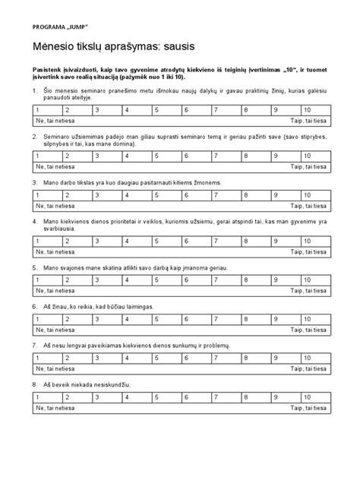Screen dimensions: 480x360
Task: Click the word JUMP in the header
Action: (x=77, y=27)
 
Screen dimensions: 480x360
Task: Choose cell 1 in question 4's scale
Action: (x=47, y=241)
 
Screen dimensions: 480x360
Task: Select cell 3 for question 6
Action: (x=108, y=319)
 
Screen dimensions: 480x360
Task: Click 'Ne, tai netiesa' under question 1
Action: (x=55, y=120)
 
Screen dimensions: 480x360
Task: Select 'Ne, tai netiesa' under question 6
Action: (x=55, y=329)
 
